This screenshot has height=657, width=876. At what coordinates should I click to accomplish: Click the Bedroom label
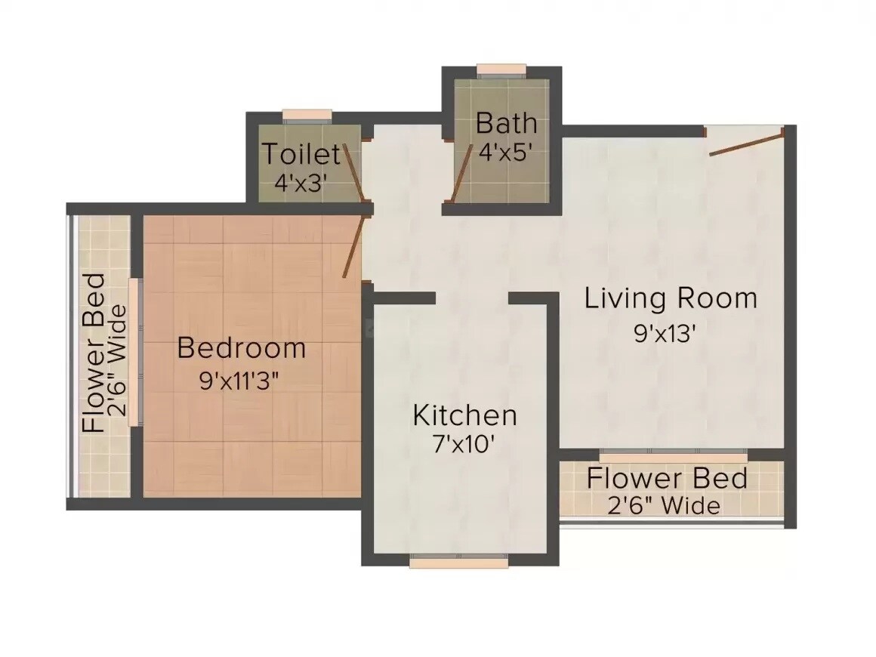(242, 348)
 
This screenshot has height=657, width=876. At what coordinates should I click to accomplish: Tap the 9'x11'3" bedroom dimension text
(239, 381)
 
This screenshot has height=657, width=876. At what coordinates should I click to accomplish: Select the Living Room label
(671, 298)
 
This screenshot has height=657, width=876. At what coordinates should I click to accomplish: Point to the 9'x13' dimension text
(665, 333)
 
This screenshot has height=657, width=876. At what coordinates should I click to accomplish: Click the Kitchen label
(464, 415)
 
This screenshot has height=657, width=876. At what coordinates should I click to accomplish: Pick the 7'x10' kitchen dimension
(464, 445)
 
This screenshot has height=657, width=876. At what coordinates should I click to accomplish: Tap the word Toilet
(301, 154)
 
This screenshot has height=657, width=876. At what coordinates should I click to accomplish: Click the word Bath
(507, 122)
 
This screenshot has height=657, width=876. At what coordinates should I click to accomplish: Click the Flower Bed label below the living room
(668, 478)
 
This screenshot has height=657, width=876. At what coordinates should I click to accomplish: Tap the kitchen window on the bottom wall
(459, 561)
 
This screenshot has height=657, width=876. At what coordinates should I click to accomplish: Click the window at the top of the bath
(501, 71)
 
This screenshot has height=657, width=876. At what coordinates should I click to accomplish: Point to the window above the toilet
(307, 116)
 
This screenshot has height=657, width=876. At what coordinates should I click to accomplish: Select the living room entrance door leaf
(746, 143)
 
